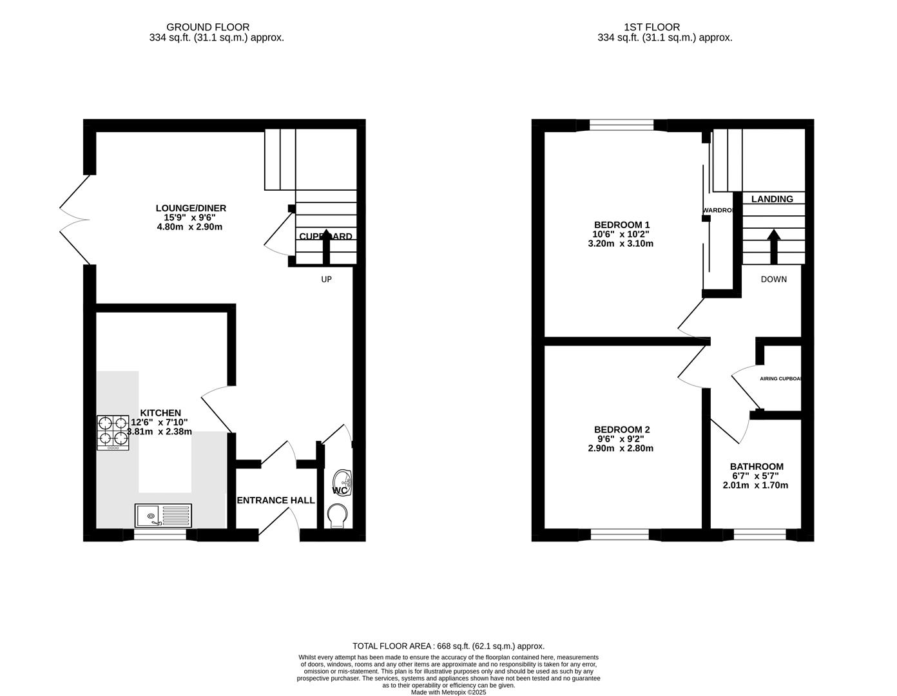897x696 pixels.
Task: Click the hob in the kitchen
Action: point(113,432)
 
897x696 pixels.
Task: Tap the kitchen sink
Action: point(163,516)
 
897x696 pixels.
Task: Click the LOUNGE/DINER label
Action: point(191,208)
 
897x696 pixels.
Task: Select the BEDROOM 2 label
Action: point(622,430)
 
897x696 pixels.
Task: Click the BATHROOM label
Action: point(757,467)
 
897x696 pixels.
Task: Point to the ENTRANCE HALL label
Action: point(276,500)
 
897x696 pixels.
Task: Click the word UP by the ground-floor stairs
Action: point(327,280)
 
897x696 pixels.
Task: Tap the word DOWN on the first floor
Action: point(773,280)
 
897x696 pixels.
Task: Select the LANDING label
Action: point(772,199)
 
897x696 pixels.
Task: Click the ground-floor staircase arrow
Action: point(326,246)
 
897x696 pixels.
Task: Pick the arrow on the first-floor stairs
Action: point(773,246)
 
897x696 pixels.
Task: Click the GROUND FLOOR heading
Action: point(207,27)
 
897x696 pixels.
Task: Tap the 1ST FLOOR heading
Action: point(651,27)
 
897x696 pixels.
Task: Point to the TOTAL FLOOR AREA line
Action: point(448,646)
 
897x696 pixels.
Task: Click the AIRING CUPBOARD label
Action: point(780,379)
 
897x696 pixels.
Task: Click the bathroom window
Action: point(759,534)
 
